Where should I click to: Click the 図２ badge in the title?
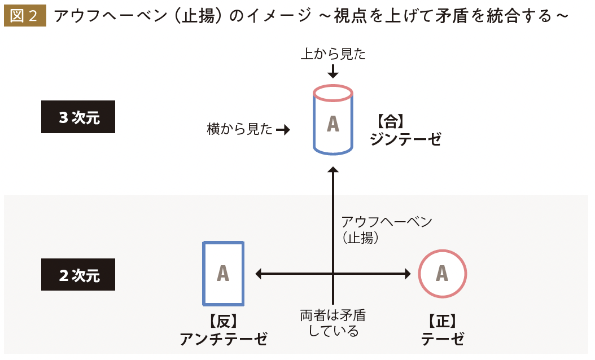tap(24, 16)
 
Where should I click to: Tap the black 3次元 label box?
tap(78, 117)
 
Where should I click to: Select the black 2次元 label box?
tap(78, 275)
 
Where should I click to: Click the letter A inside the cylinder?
tap(333, 124)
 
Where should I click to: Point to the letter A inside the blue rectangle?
tap(223, 274)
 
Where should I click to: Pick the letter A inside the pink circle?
tap(442, 274)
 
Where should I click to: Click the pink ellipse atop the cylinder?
tap(333, 92)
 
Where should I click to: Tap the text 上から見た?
tap(333, 54)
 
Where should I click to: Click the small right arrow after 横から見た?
tap(283, 130)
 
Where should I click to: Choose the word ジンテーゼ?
tap(405, 139)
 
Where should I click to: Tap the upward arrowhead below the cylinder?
tap(333, 170)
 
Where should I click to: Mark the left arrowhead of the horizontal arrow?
tap(259, 274)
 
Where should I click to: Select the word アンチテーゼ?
tap(223, 339)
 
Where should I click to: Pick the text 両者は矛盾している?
tap(333, 323)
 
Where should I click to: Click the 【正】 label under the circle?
tap(442, 322)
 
